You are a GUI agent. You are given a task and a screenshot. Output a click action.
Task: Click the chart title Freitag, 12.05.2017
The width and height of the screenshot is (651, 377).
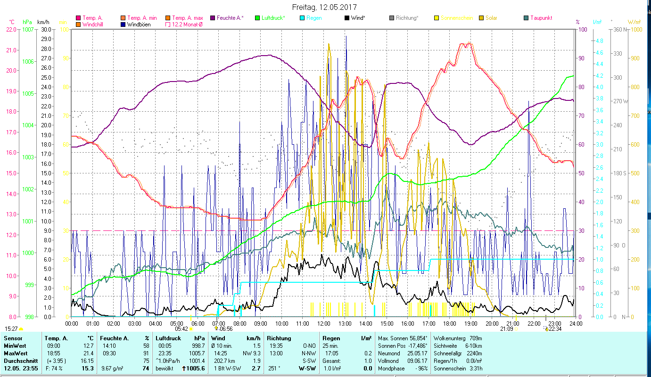(x=324, y=8)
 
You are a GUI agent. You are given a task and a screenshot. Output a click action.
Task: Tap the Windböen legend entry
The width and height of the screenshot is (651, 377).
(x=139, y=24)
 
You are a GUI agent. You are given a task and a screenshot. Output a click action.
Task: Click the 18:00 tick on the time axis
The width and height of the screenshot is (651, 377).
(x=450, y=323)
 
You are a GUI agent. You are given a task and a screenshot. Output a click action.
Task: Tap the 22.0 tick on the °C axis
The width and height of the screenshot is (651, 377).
(x=12, y=29)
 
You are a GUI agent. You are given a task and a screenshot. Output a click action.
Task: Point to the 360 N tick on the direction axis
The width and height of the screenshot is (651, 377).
(x=619, y=29)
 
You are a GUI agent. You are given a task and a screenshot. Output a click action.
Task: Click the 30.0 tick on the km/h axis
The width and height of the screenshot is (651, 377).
(x=46, y=29)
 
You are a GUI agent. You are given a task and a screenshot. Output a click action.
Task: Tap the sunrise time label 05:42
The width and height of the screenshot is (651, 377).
(x=181, y=329)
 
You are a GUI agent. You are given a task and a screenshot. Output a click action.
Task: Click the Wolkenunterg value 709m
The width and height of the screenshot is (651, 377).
(x=476, y=338)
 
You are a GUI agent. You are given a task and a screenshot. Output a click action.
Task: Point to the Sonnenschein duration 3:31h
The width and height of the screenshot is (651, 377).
(x=475, y=368)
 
